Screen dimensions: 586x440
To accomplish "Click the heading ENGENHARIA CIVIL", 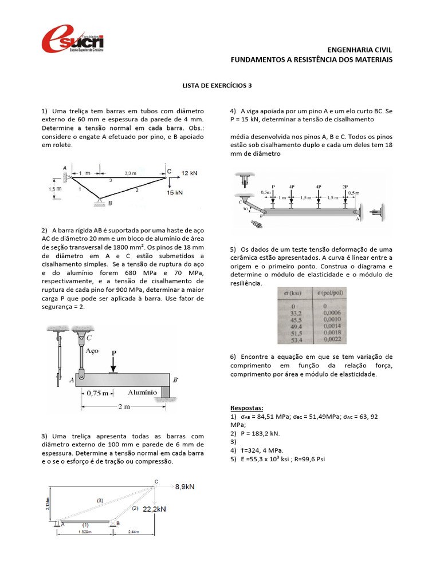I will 359,50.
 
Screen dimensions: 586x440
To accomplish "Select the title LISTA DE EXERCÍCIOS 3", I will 217,86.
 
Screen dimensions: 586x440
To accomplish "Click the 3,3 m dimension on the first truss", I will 131,172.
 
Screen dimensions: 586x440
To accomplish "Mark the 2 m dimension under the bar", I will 123,406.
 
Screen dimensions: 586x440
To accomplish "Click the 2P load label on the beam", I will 345,187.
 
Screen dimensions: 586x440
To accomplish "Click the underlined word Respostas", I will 247,408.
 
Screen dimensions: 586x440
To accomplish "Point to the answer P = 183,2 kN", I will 257,433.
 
